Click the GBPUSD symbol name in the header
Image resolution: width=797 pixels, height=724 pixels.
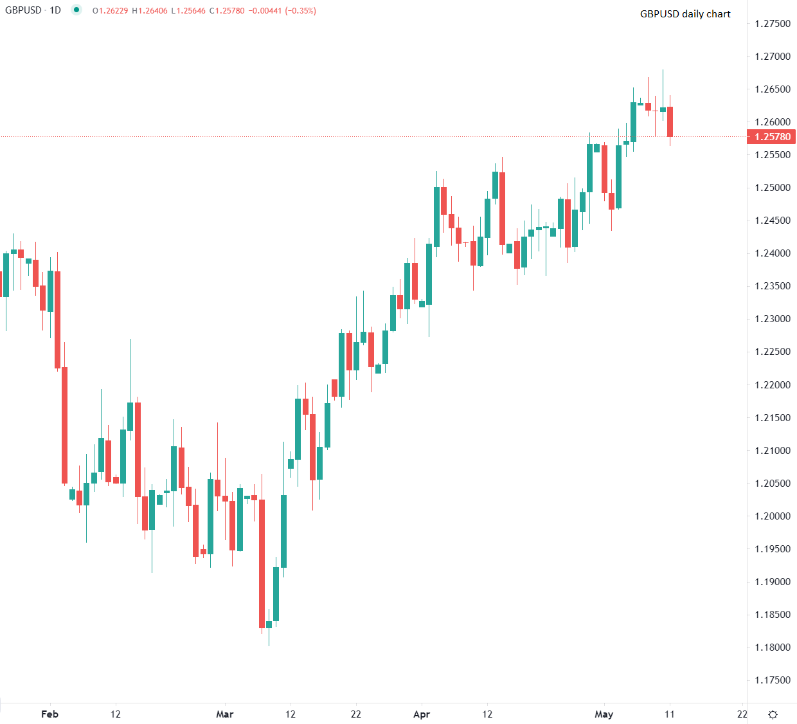23,10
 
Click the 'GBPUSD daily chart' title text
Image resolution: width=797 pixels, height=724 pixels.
685,14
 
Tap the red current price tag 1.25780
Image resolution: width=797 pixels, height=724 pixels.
771,136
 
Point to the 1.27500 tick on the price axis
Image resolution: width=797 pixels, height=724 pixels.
773,23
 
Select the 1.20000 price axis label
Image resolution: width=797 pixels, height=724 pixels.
773,516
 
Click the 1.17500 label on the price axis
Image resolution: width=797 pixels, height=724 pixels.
773,680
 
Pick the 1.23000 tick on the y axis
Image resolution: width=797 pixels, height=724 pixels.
773,319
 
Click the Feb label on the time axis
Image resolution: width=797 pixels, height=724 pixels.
49,714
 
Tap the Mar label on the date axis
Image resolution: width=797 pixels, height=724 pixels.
225,714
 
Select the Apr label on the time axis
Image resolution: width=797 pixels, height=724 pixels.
422,714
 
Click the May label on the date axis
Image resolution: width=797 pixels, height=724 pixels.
604,714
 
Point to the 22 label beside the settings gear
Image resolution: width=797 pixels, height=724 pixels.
742,714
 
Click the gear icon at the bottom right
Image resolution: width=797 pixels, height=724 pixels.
773,714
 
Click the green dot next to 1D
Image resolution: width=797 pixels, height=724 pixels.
76,10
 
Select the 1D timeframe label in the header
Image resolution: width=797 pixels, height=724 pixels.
55,10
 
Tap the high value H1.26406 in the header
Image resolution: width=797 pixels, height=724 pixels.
150,10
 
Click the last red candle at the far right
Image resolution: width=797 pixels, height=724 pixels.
670,122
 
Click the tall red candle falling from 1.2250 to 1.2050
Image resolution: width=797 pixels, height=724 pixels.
64,424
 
